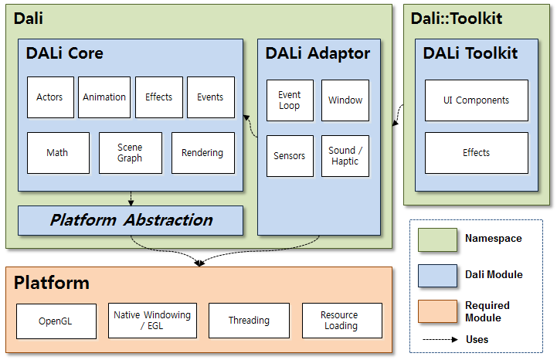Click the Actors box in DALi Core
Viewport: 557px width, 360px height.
(50, 97)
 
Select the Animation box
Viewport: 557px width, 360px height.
(104, 97)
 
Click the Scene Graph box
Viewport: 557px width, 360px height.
(131, 153)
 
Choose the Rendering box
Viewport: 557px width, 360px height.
(202, 153)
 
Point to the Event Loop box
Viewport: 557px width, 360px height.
(290, 100)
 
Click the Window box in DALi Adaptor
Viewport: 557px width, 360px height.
(345, 100)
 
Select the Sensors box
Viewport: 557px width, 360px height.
(290, 156)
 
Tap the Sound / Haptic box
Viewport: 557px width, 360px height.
(345, 156)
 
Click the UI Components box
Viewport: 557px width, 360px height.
(477, 100)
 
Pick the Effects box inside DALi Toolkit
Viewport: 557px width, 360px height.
(477, 153)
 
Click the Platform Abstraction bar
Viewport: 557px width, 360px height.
(131, 220)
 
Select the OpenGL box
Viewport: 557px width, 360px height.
(56, 321)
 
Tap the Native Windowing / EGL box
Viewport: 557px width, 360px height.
(152, 321)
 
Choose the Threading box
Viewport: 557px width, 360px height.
(249, 321)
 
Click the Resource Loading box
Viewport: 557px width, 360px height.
(341, 321)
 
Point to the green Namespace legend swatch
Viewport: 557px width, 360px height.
(437, 239)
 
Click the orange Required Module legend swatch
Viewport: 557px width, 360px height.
(437, 311)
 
